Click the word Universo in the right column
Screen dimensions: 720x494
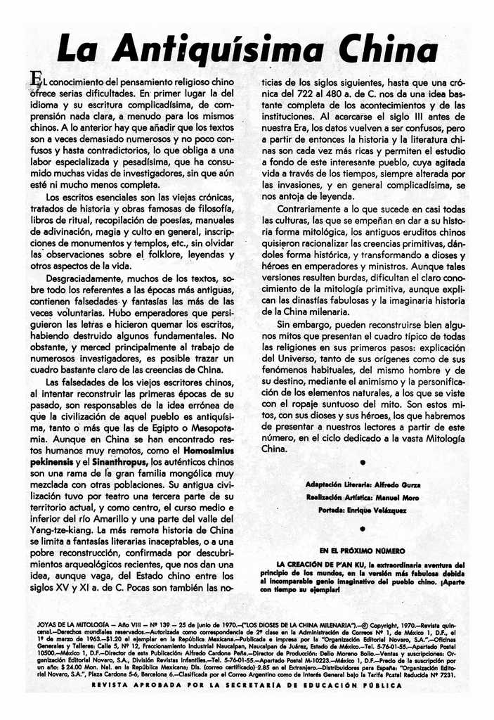point(303,359)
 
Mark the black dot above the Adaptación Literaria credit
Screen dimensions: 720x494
point(361,463)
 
